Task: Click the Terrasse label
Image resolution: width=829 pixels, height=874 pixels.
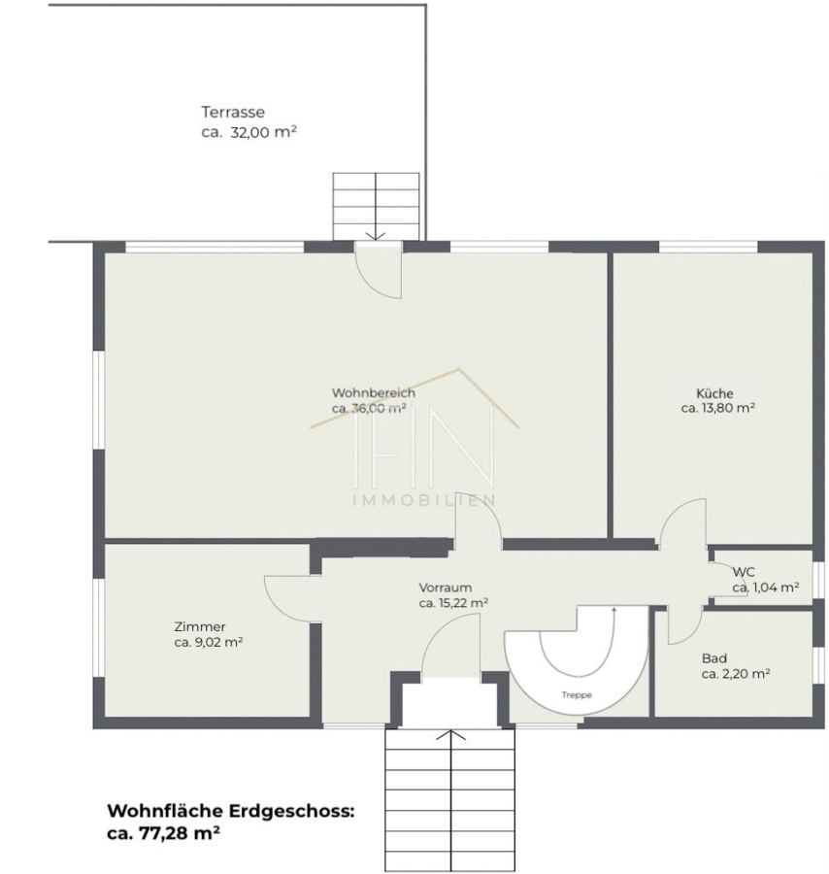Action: (233, 112)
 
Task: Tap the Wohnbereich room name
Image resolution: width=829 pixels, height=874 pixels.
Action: (374, 392)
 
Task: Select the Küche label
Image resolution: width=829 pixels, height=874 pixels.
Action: (714, 393)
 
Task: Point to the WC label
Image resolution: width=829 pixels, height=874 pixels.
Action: (744, 572)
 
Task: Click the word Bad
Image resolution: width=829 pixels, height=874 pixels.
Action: (714, 658)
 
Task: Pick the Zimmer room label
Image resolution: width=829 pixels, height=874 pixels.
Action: (200, 626)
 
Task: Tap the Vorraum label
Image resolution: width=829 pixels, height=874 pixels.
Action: (446, 588)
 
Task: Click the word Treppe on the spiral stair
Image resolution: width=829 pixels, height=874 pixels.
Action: (577, 695)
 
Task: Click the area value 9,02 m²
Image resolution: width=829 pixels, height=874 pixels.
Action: (217, 642)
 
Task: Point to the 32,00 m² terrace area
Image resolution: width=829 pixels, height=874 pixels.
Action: (263, 133)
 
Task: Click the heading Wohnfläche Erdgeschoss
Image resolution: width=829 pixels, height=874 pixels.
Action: (231, 811)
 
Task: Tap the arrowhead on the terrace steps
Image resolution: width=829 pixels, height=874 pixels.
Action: (376, 236)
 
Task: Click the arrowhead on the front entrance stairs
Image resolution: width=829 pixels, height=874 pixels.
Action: (450, 734)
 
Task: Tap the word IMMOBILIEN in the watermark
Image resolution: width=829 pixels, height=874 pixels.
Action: (423, 500)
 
